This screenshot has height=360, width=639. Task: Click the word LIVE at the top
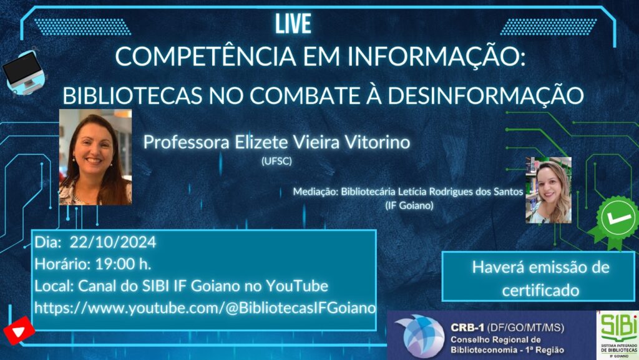pos(293,24)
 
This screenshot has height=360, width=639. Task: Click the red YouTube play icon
pos(19,331)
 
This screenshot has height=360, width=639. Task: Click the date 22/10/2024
pos(113,242)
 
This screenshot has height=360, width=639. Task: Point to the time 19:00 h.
pos(123,264)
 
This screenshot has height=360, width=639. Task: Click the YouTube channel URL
pos(205,308)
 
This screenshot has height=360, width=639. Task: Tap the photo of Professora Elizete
pos(95,157)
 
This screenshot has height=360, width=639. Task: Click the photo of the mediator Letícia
pos(549,190)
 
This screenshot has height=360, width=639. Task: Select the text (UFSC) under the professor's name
pos(276,161)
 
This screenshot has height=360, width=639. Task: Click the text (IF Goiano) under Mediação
pos(409,205)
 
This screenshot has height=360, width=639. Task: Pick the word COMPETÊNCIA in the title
pos(205,57)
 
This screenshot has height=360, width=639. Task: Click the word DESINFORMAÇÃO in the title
pos(485,95)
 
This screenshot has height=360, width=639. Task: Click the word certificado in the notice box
pos(541,290)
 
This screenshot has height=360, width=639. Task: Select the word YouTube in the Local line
pos(297,286)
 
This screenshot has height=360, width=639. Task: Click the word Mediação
pos(315,192)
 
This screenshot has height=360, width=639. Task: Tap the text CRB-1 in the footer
pos(467,328)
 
